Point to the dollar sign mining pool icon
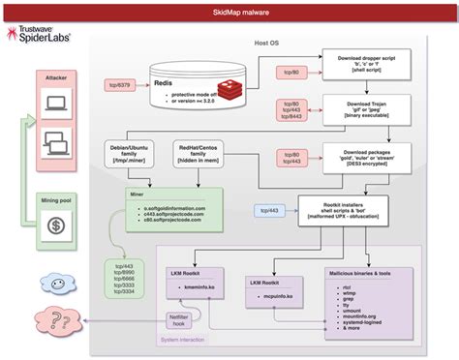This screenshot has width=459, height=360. [x=54, y=226]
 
